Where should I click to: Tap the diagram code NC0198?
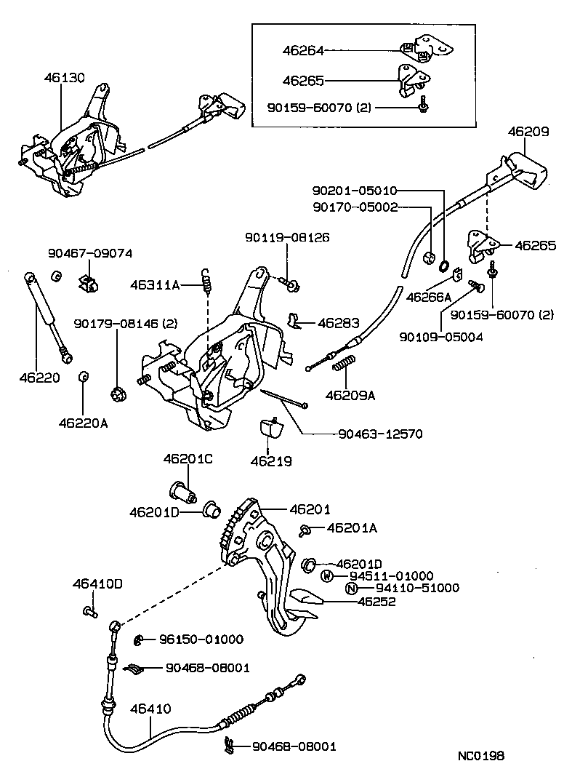(480, 756)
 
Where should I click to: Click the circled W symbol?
(328, 575)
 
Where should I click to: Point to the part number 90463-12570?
(380, 434)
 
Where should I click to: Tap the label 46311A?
(155, 284)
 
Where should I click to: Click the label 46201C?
(188, 459)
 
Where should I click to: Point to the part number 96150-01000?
(201, 639)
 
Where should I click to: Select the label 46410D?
(97, 583)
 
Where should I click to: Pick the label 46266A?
(429, 297)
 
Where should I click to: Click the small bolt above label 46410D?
(89, 612)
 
